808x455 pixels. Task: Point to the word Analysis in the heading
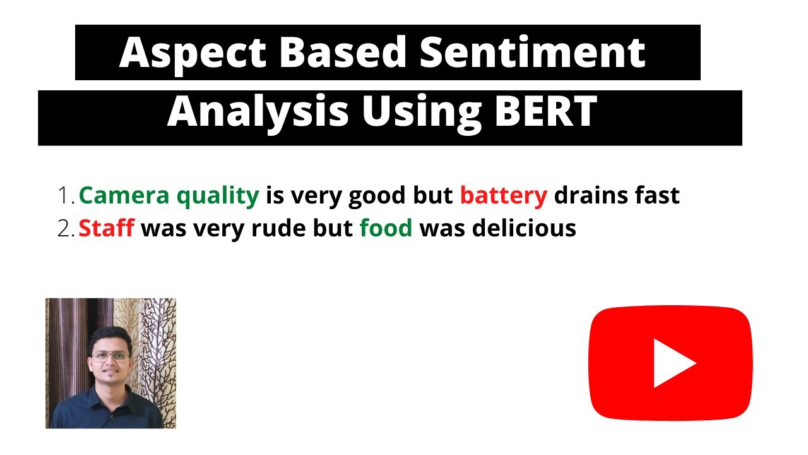(258, 112)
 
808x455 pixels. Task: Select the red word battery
(503, 197)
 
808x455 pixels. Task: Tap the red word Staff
(106, 227)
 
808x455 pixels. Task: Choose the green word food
(386, 227)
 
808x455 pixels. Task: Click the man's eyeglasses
(110, 356)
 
